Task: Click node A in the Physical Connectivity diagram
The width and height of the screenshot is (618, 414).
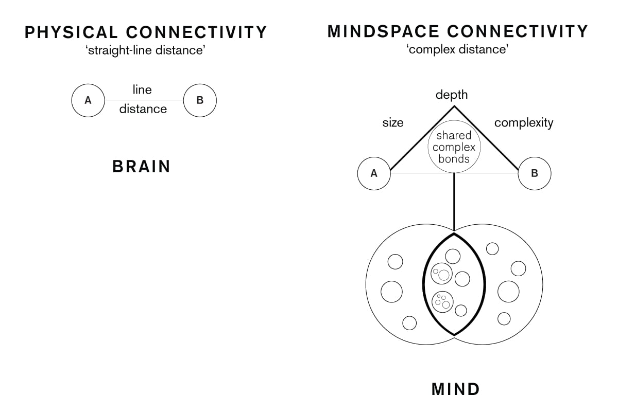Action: pyautogui.click(x=88, y=101)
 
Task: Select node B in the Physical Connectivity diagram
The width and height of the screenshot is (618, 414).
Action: pyautogui.click(x=200, y=101)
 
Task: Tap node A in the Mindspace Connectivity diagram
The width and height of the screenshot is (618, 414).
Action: pyautogui.click(x=374, y=174)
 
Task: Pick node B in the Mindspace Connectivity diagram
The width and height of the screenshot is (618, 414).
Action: pyautogui.click(x=534, y=174)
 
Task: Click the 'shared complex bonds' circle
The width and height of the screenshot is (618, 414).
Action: pyautogui.click(x=454, y=147)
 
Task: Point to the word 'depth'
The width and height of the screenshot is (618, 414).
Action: pyautogui.click(x=452, y=95)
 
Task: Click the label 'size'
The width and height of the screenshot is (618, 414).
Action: pyautogui.click(x=393, y=123)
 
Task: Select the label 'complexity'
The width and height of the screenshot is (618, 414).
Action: pyautogui.click(x=524, y=123)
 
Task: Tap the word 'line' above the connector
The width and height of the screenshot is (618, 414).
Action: pyautogui.click(x=142, y=90)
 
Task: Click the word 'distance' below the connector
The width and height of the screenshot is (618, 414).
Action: pyautogui.click(x=143, y=109)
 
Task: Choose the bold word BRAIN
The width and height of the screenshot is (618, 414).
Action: pyautogui.click(x=141, y=167)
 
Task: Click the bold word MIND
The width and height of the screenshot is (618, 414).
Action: pyautogui.click(x=455, y=389)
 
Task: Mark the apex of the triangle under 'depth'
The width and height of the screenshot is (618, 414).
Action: pyautogui.click(x=454, y=106)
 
